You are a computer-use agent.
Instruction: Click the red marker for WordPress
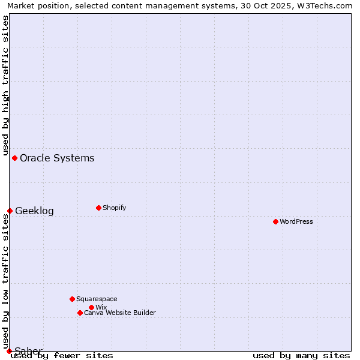tap(275, 221)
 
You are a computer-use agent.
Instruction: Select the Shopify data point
tap(98, 208)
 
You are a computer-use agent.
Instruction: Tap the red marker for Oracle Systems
tap(14, 158)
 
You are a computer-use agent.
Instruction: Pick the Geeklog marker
tap(10, 211)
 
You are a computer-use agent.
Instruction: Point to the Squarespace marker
tap(72, 299)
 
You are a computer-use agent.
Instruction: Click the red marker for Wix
tap(91, 307)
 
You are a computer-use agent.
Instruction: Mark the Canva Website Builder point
tap(80, 313)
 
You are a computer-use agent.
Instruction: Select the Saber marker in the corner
tap(9, 351)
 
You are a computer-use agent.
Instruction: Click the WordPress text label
tap(296, 221)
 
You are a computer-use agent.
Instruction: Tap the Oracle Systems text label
tap(57, 158)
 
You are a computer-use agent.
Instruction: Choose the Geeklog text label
tap(34, 211)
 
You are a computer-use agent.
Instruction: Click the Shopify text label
tap(114, 208)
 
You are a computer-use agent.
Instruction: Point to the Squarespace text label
tap(97, 299)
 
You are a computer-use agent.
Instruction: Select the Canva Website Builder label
tap(120, 313)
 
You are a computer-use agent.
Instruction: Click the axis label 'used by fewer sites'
tap(62, 355)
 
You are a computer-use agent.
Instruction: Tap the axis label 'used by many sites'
tap(301, 355)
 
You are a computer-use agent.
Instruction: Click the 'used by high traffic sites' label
tap(5, 85)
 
